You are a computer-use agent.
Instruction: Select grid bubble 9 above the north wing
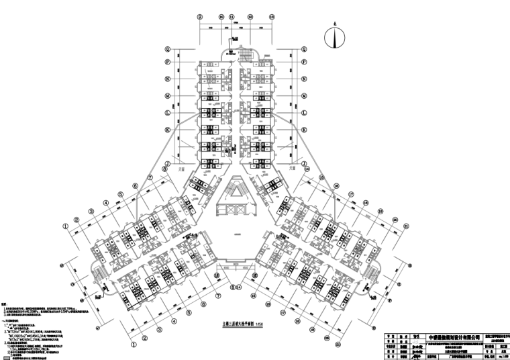tap(199, 19)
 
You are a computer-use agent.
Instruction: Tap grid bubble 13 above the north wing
tap(270, 19)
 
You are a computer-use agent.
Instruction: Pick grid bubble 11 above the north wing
tap(231, 19)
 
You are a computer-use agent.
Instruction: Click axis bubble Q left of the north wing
tap(168, 49)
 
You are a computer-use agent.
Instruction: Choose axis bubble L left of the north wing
tap(168, 111)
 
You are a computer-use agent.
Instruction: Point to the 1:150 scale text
tap(254, 324)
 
